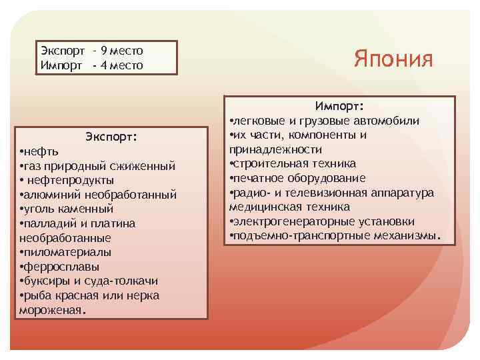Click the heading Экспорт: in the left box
pyautogui.click(x=111, y=137)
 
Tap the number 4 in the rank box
pyautogui.click(x=103, y=65)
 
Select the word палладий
pyautogui.click(x=49, y=223)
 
